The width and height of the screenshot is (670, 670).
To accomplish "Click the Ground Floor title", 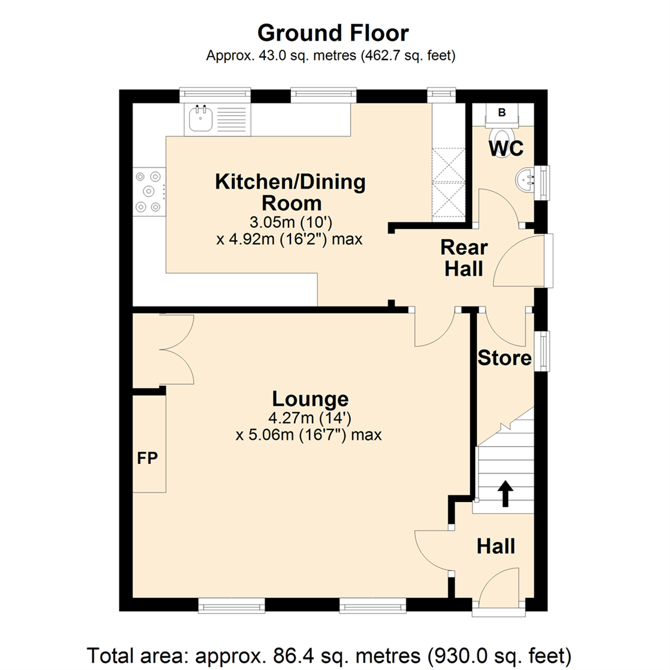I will click(333, 32).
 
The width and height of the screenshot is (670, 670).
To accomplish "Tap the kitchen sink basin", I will click(200, 119).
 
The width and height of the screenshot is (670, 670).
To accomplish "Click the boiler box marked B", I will click(502, 112).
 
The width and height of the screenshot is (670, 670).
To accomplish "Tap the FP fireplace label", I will click(148, 459).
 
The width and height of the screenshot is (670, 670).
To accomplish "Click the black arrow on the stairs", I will click(506, 493).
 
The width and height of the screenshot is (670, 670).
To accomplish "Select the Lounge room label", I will click(309, 398).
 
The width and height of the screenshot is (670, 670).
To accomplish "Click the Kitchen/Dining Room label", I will click(290, 192).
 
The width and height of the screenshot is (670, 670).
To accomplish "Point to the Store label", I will click(504, 359).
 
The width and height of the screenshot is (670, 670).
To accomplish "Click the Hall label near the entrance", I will click(495, 547).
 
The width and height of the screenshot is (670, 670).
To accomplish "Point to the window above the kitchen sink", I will click(215, 95).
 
